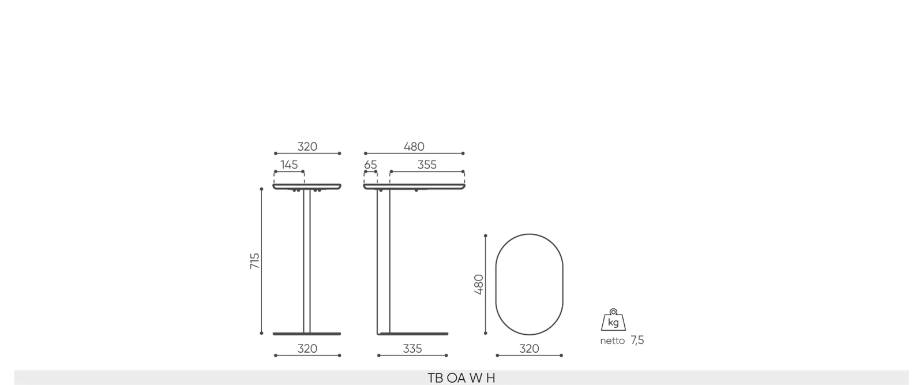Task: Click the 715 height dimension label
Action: [x=254, y=261]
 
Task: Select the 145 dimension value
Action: [x=289, y=165]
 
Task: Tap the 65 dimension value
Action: [x=370, y=165]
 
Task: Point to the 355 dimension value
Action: [x=427, y=165]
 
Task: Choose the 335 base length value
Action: [x=412, y=349]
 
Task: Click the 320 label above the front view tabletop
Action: [x=307, y=147]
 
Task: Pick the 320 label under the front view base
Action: [x=307, y=349]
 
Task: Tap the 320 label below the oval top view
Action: [x=529, y=349]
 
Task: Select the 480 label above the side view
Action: [x=414, y=147]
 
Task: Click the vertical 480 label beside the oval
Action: [x=479, y=285]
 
